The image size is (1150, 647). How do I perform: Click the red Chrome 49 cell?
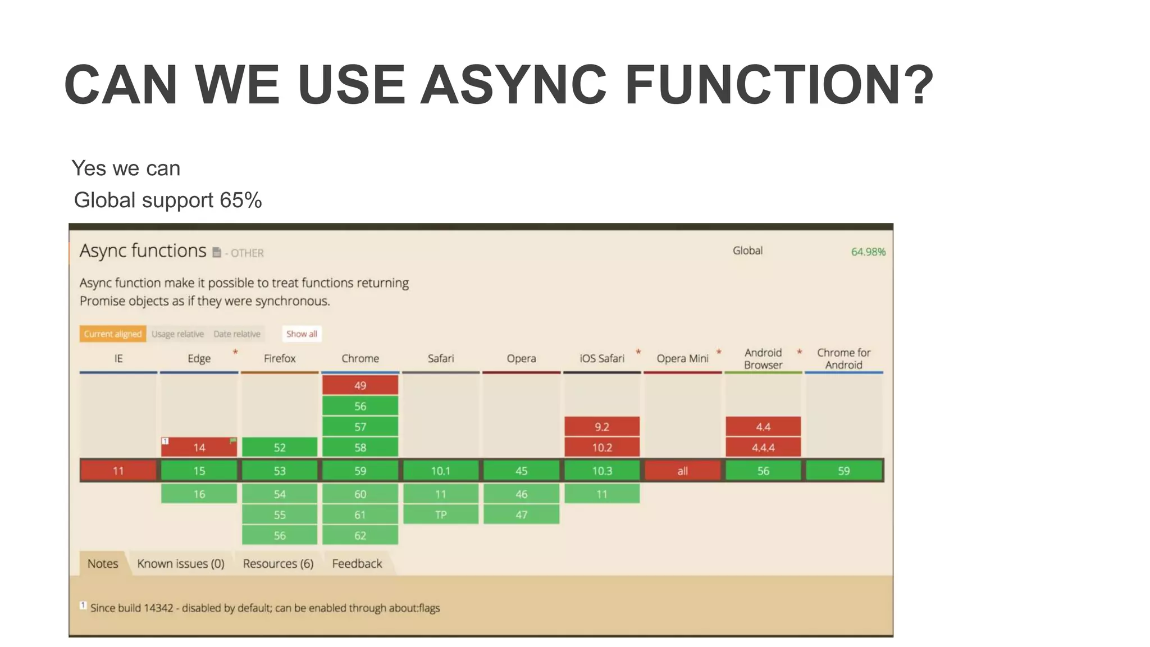click(360, 385)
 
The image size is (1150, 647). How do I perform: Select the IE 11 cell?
click(118, 471)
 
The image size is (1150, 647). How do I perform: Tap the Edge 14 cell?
click(199, 448)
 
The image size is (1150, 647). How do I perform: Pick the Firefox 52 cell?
click(280, 448)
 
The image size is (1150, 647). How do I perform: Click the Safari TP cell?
click(441, 514)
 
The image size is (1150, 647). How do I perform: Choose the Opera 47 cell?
click(521, 514)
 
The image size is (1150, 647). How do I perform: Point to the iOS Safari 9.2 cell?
click(602, 427)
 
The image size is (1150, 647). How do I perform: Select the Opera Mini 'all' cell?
click(682, 471)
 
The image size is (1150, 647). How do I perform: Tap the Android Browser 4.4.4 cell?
click(763, 448)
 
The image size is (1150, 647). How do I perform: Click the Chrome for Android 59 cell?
click(843, 471)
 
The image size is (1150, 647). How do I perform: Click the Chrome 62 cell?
click(360, 535)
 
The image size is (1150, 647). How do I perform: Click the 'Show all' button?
click(302, 334)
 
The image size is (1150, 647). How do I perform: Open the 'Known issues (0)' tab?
click(181, 563)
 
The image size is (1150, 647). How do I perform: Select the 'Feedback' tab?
click(357, 563)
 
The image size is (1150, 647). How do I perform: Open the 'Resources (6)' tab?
click(278, 563)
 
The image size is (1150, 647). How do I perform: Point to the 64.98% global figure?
click(868, 252)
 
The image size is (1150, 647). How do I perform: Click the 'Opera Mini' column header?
click(682, 358)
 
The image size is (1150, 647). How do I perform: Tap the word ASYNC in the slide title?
click(513, 85)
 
